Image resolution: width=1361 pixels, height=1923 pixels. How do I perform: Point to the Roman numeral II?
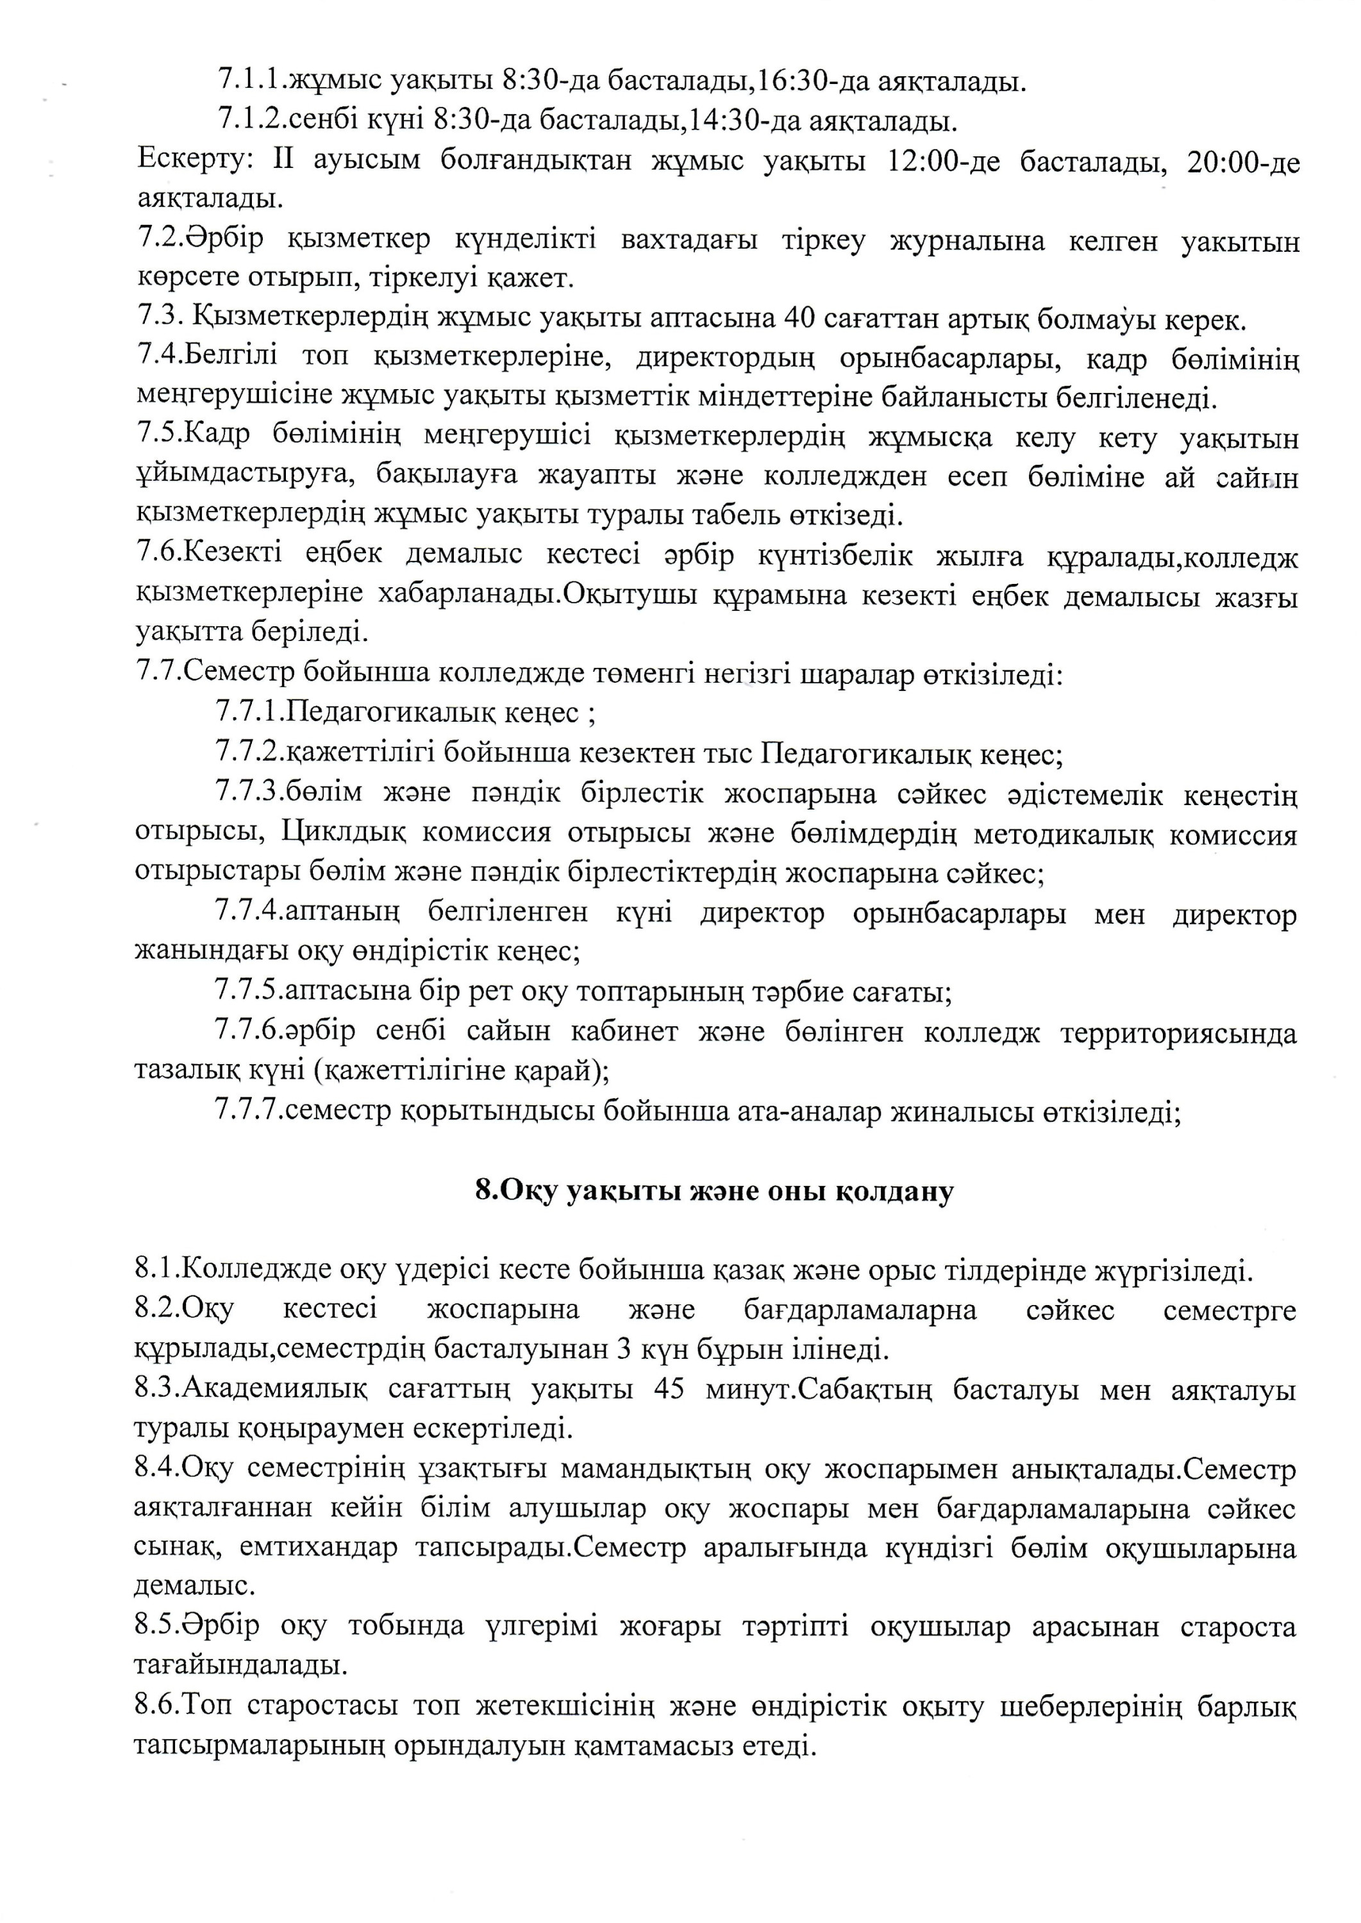283,160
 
